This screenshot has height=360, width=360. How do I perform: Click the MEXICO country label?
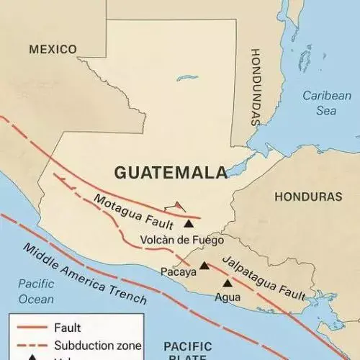point(53,49)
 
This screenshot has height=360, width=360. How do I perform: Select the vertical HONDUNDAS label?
point(256,87)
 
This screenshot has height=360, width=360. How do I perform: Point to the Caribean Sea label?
point(326,103)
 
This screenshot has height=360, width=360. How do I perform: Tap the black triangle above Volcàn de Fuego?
point(189,224)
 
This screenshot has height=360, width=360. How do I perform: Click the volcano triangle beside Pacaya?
point(204,266)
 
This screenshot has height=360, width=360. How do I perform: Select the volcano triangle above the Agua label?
point(228,283)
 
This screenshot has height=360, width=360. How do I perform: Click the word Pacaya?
point(178,271)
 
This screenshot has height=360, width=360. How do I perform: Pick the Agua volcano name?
point(227,296)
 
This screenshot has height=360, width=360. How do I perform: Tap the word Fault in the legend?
point(67,328)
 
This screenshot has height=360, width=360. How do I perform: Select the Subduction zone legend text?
point(97,346)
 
